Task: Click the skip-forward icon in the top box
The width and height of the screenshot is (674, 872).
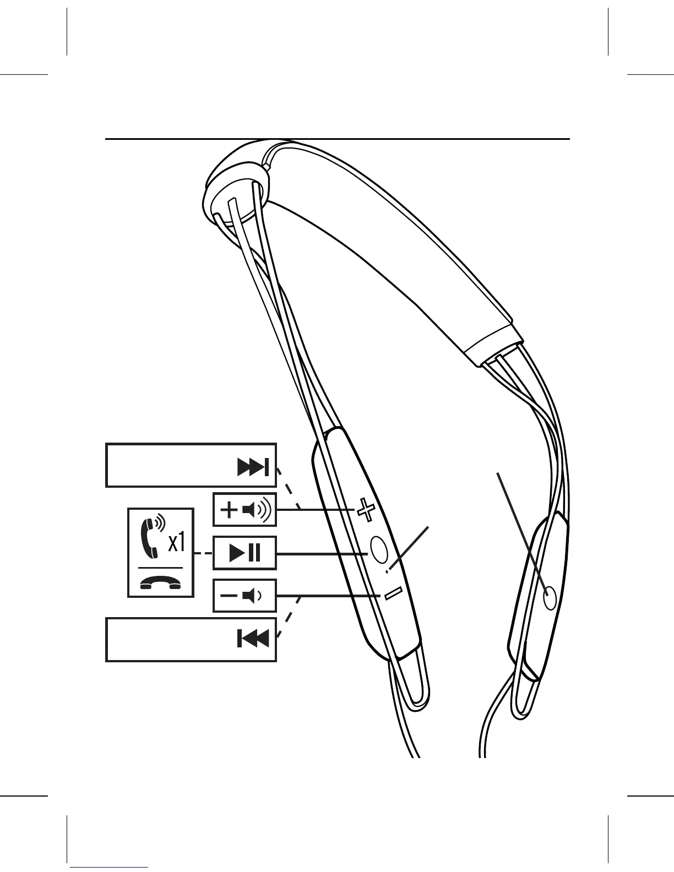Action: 253,468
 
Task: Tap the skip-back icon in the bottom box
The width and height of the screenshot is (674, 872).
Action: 253,639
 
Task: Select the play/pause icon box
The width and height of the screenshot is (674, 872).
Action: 244,553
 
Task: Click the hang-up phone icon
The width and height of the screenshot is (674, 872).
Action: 160,582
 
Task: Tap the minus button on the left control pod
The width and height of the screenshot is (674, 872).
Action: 393,594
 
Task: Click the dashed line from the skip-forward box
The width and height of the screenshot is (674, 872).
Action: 289,488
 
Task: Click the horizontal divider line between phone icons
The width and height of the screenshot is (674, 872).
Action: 160,567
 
